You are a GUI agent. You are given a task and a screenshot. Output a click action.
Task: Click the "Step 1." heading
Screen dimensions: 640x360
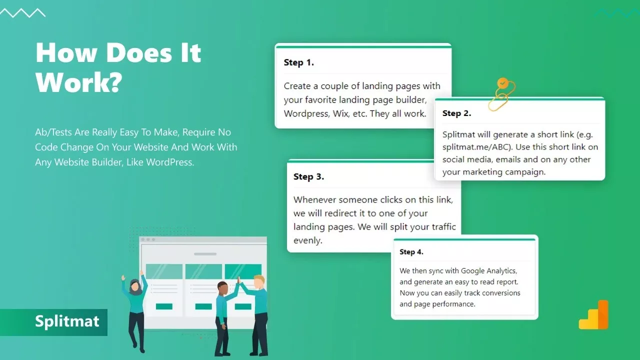(x=299, y=62)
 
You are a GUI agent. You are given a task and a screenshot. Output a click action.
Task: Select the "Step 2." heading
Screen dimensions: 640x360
(x=456, y=113)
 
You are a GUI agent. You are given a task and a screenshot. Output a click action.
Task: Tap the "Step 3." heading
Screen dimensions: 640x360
(x=308, y=177)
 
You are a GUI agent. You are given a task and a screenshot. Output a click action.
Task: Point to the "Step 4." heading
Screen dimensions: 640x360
(x=411, y=252)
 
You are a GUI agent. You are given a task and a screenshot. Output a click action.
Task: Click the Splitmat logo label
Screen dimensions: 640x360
(x=67, y=321)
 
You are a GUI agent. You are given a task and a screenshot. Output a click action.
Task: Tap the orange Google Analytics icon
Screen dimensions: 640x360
(x=593, y=314)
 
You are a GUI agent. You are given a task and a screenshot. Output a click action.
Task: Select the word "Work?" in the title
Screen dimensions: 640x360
(x=79, y=82)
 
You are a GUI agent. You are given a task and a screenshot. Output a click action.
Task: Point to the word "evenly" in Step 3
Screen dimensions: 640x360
(x=306, y=240)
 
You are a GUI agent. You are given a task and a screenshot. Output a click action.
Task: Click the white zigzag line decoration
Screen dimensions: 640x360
(x=23, y=13)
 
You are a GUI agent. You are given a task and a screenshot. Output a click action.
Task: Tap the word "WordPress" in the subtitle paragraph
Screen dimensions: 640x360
(x=169, y=162)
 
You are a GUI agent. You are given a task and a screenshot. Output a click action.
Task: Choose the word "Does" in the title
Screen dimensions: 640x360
(x=139, y=52)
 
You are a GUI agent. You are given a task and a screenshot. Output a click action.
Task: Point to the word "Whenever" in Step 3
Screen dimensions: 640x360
(x=314, y=199)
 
